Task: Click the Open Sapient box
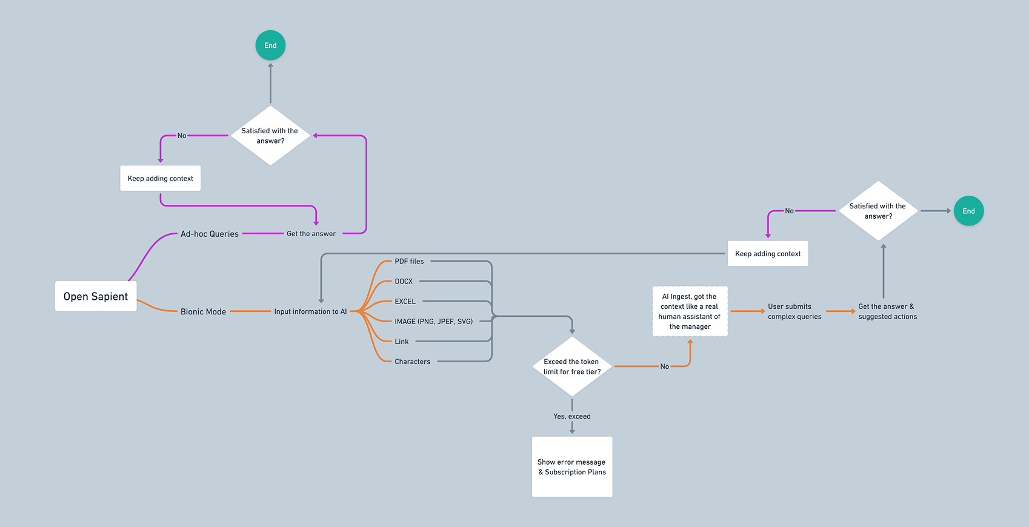pyautogui.click(x=96, y=296)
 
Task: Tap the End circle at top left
pyautogui.click(x=270, y=45)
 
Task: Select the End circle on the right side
pyautogui.click(x=968, y=211)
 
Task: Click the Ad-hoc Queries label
pyautogui.click(x=210, y=234)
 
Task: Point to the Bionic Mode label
pyautogui.click(x=203, y=311)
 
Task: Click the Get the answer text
pyautogui.click(x=311, y=234)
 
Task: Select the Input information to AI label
pyautogui.click(x=310, y=311)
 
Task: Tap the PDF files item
pyautogui.click(x=409, y=262)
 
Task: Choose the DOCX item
pyautogui.click(x=404, y=282)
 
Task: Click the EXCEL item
pyautogui.click(x=405, y=302)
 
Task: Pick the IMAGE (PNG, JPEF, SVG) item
pyautogui.click(x=433, y=322)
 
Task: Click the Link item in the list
pyautogui.click(x=402, y=342)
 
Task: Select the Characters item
pyautogui.click(x=412, y=362)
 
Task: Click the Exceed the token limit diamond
pyautogui.click(x=572, y=366)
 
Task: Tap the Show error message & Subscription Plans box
pyautogui.click(x=572, y=466)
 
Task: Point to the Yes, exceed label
pyautogui.click(x=572, y=416)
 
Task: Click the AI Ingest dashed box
pyautogui.click(x=690, y=311)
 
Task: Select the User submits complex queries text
pyautogui.click(x=794, y=311)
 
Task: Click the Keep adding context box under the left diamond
pyautogui.click(x=161, y=178)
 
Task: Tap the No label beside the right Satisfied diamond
pyautogui.click(x=789, y=211)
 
